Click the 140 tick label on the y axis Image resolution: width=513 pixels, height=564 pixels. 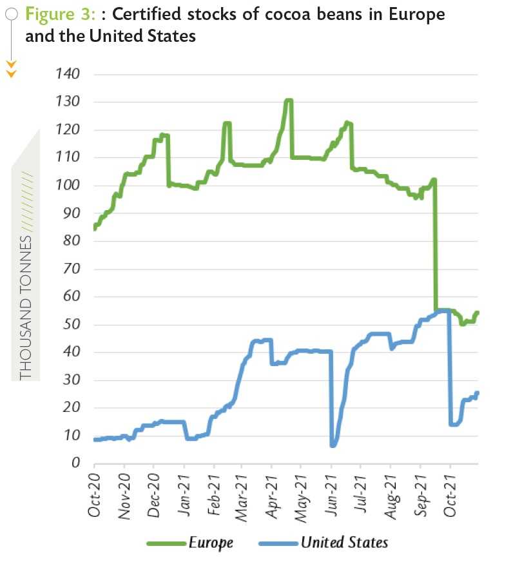tap(68, 74)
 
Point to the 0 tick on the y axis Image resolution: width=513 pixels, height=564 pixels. tap(76, 463)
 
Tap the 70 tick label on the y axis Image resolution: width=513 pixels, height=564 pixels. tap(71, 269)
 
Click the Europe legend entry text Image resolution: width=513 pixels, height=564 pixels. tap(211, 543)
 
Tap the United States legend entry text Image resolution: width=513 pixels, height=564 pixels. tap(344, 543)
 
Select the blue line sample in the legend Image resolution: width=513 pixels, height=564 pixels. tap(278, 543)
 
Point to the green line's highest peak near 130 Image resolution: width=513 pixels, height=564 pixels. tap(288, 101)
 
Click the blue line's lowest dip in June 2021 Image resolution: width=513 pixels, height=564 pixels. tap(333, 445)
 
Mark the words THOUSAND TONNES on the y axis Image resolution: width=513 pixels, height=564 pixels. tap(26, 307)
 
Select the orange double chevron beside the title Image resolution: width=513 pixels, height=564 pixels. tap(11, 68)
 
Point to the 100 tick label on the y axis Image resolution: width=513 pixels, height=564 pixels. tap(68, 186)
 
